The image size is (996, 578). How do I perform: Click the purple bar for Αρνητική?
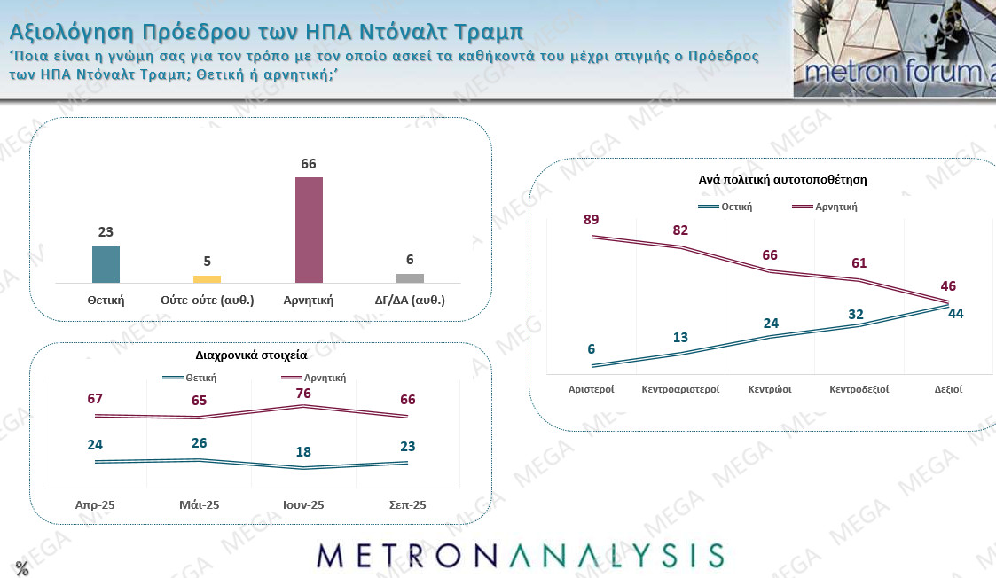[309, 230]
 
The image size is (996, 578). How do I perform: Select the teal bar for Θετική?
[106, 264]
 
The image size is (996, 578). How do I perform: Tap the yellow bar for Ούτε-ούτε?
[207, 278]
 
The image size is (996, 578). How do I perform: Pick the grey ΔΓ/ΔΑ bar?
[410, 277]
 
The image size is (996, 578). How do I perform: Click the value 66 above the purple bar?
[309, 164]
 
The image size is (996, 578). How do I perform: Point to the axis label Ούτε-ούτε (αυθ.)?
[208, 300]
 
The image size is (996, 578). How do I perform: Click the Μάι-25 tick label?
[199, 504]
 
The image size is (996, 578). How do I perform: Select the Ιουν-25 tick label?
[303, 504]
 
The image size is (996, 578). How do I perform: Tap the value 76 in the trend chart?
[303, 392]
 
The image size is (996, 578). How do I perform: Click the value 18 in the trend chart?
[303, 452]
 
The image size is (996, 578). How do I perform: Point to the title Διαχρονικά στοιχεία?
[252, 355]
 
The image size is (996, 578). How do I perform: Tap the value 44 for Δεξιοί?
[954, 313]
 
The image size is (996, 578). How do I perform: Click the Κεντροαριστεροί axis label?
[680, 389]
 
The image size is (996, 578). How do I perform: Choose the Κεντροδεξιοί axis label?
[859, 389]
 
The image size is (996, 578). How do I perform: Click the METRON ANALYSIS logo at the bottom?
[520, 556]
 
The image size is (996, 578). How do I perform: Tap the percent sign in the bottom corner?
[22, 568]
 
